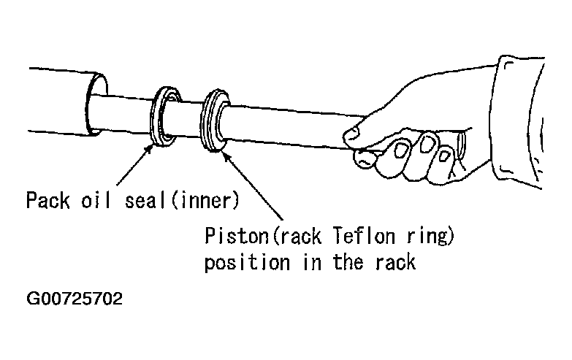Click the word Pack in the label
coord(46,199)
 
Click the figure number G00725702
coord(74,299)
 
